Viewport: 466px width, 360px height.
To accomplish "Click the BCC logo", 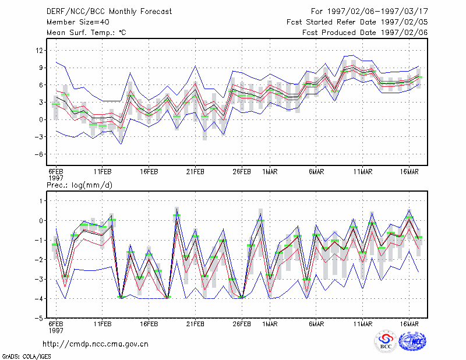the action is pyautogui.click(x=385, y=341).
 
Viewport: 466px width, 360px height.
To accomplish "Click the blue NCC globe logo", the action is pyautogui.click(x=412, y=341).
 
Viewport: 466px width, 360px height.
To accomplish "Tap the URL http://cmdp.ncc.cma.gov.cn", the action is pyautogui.click(x=96, y=344).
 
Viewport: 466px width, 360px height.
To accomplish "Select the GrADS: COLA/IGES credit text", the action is pyautogui.click(x=26, y=357).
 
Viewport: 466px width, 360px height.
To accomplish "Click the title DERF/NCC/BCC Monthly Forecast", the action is pyautogui.click(x=109, y=12).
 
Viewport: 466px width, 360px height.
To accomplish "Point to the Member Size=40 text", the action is pyautogui.click(x=78, y=22).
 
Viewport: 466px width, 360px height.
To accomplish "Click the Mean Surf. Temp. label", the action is pyautogui.click(x=80, y=33).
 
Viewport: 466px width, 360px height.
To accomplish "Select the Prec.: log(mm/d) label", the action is pyautogui.click(x=79, y=185).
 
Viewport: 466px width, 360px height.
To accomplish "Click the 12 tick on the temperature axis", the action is pyautogui.click(x=39, y=51).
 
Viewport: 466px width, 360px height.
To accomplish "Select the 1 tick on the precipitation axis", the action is pyautogui.click(x=41, y=201).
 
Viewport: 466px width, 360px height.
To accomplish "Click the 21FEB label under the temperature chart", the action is pyautogui.click(x=195, y=172).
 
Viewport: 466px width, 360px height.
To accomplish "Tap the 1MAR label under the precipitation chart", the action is pyautogui.click(x=270, y=324).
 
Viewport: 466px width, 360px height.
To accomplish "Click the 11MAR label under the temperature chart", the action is pyautogui.click(x=363, y=172).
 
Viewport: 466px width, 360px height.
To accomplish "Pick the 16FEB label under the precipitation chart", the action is pyautogui.click(x=149, y=324).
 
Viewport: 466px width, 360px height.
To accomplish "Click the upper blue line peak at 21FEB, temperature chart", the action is pyautogui.click(x=196, y=66).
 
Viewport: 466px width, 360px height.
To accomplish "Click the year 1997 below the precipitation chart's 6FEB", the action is pyautogui.click(x=56, y=330).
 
